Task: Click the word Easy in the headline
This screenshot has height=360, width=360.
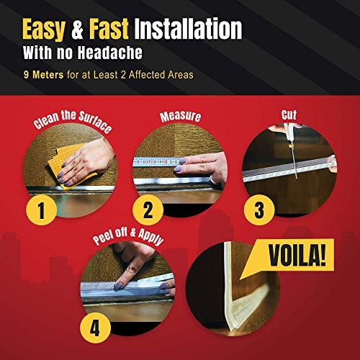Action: pos(50,28)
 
